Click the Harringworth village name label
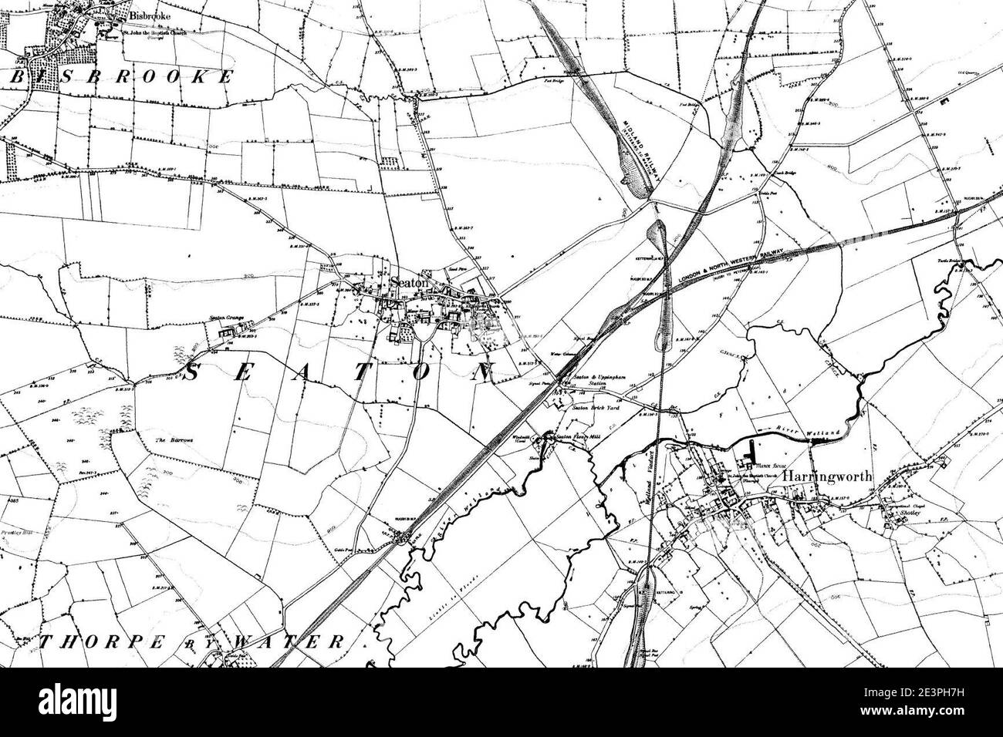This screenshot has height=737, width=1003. click(x=827, y=476)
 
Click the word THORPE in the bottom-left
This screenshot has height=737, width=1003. click(x=93, y=641)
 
